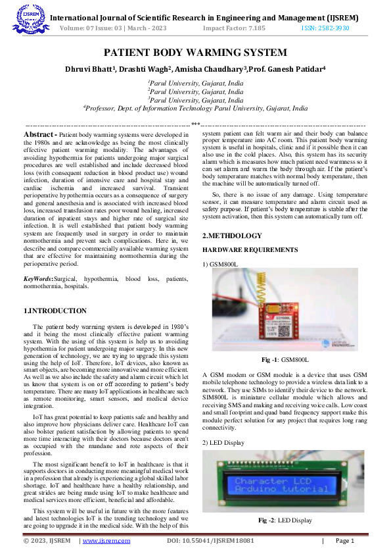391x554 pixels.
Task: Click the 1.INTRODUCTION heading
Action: [55, 311]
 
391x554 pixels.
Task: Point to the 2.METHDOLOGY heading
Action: [232, 236]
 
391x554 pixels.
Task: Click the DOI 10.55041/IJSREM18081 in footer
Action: [210, 541]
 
